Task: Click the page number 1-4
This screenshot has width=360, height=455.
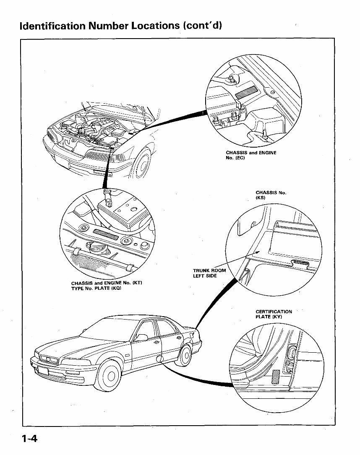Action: coord(28,439)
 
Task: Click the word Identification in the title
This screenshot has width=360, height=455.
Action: coord(53,26)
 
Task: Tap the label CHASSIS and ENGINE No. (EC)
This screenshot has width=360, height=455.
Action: coord(251,155)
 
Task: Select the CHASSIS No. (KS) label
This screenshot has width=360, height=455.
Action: coord(271,195)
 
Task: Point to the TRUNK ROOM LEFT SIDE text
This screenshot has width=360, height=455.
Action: coord(209,273)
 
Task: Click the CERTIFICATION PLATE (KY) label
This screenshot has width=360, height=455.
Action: coord(274,314)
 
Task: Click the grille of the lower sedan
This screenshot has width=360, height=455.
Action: coord(49,359)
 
